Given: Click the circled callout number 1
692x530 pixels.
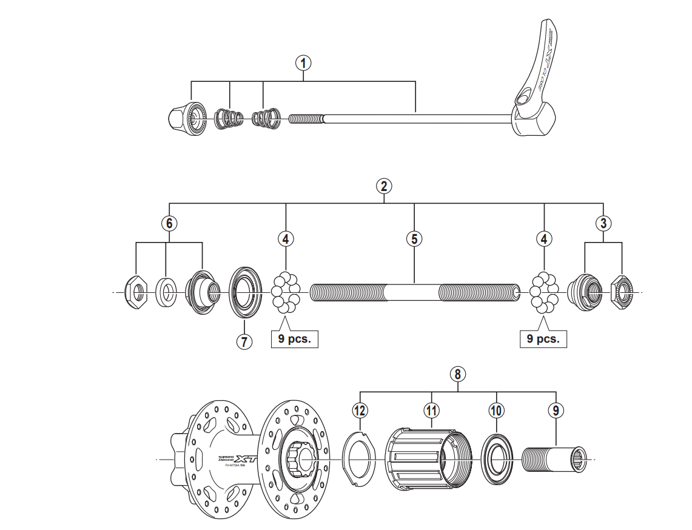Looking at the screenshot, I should click(303, 62).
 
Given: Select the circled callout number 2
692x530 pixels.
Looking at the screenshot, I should click(383, 186).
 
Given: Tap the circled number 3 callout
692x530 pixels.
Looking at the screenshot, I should click(603, 223).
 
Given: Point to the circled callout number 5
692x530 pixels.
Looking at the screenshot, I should click(414, 238).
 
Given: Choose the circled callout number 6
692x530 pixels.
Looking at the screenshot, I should click(169, 223).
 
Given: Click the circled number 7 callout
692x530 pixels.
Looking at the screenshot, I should click(243, 341).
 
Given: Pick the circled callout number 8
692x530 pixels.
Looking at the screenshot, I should click(459, 374).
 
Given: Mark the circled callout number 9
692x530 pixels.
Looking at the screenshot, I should click(556, 411).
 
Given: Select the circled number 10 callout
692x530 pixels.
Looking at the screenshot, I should click(496, 411).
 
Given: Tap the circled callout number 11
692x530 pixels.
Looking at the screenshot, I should click(431, 411).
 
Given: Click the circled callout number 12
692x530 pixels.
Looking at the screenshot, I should click(360, 411).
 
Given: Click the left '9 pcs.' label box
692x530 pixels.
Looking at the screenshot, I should click(294, 338).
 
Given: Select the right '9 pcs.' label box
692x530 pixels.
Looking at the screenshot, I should click(543, 338).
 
